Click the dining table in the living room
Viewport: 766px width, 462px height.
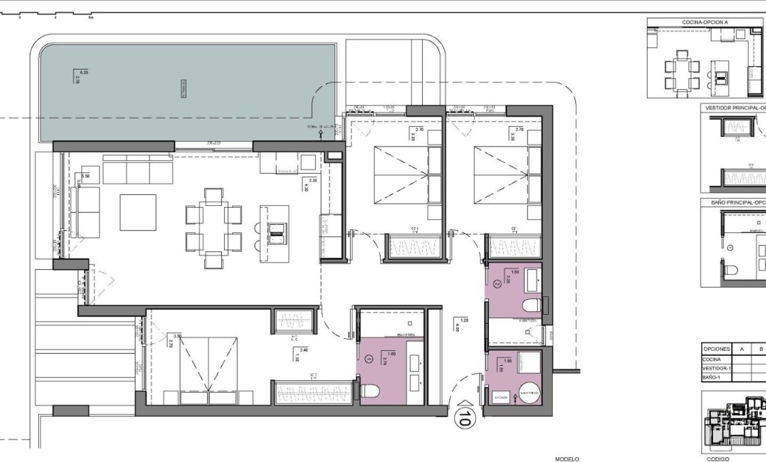click(214, 228)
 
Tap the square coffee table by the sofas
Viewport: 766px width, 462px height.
click(138, 213)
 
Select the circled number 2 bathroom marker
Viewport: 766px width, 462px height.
click(496, 286)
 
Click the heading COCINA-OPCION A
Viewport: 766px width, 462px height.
click(705, 22)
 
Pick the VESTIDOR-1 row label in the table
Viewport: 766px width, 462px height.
click(716, 368)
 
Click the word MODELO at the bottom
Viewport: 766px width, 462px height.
click(566, 459)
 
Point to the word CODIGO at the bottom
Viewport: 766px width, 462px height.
click(718, 459)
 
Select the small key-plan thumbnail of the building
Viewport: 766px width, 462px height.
click(734, 422)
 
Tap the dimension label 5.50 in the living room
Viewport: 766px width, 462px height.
click(85, 177)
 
